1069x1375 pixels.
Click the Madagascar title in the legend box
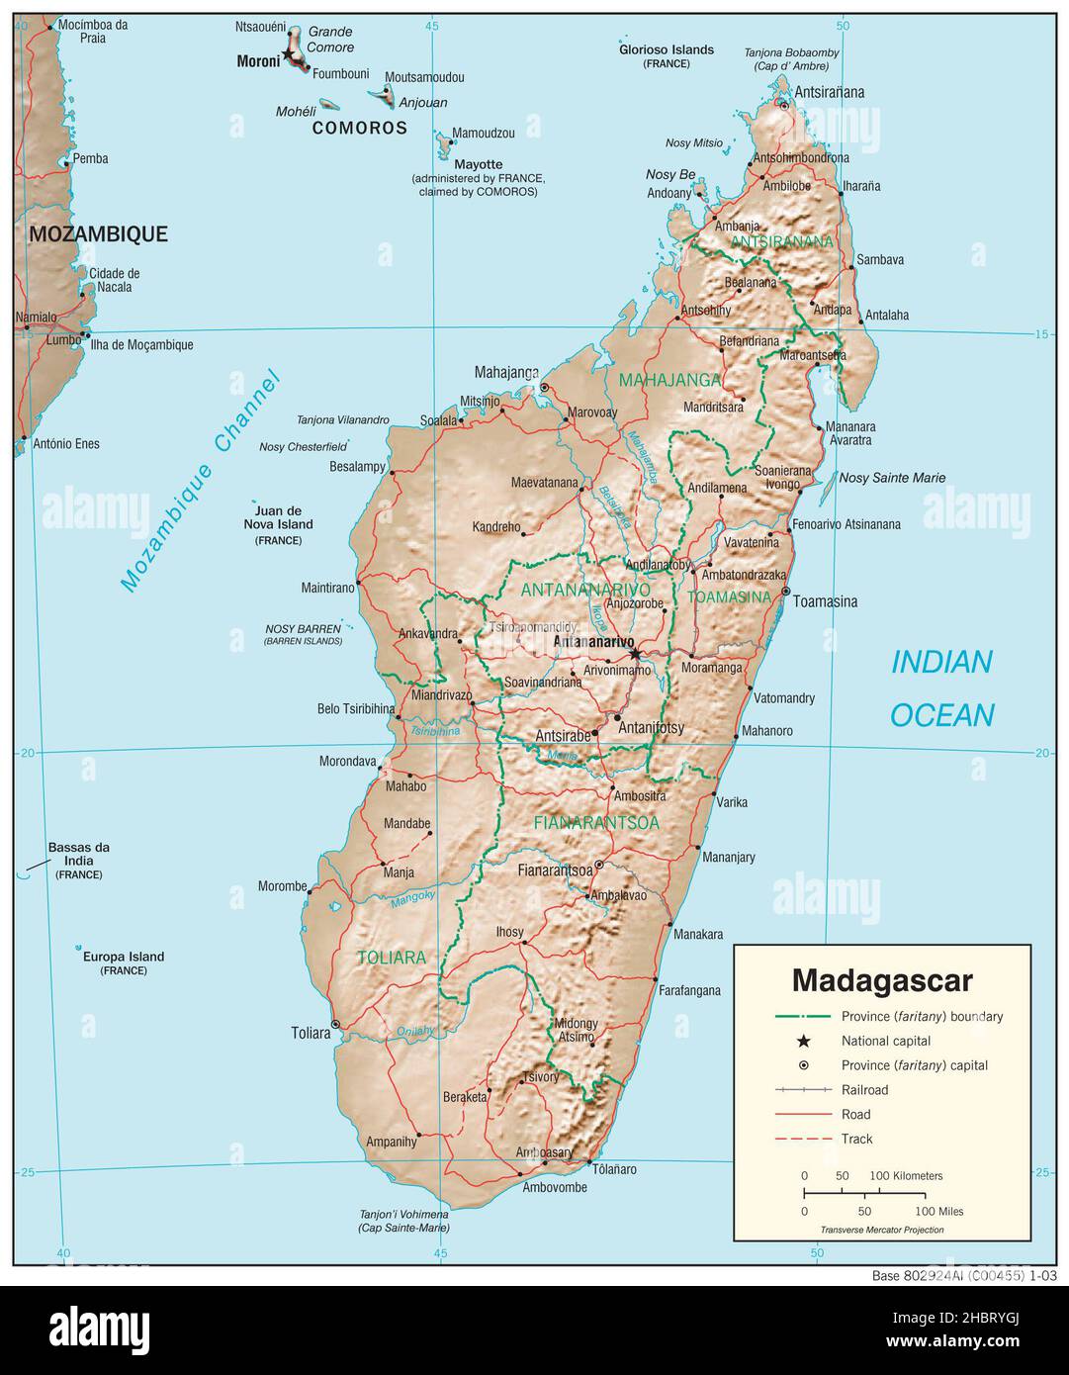click(882, 980)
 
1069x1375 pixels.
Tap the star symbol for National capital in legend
click(803, 1041)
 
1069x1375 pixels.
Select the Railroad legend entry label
click(864, 1090)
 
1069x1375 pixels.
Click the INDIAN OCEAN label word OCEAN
click(941, 715)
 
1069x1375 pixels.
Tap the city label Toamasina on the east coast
click(825, 601)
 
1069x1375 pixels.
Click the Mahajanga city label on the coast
click(506, 373)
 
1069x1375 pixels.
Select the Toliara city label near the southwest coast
click(311, 1033)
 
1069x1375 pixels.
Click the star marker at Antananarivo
click(635, 654)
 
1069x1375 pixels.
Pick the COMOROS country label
click(360, 128)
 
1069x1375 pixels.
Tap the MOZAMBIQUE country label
click(98, 234)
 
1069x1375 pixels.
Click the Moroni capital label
click(258, 61)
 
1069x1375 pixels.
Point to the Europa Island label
click(124, 957)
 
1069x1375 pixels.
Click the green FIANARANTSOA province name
click(596, 822)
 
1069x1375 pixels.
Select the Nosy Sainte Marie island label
click(892, 478)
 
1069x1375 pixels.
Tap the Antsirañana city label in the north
click(830, 92)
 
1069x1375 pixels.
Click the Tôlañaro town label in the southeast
click(614, 1169)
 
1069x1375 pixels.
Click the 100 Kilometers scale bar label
click(906, 1176)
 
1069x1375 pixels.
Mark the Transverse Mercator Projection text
click(881, 1230)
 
